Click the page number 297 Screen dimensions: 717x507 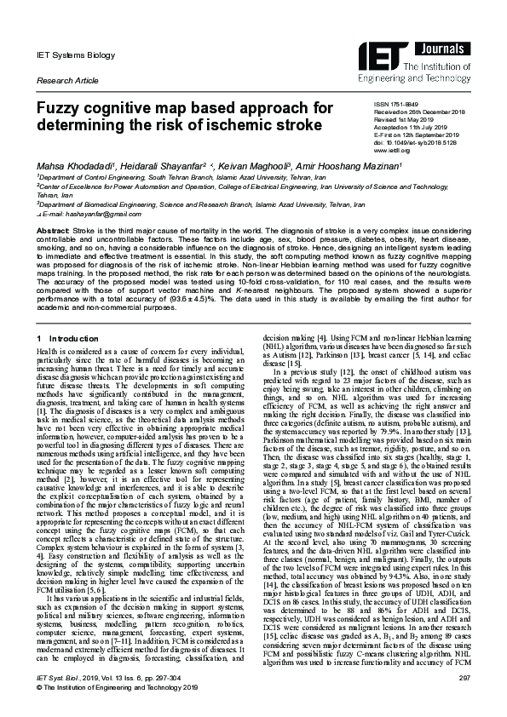(464, 677)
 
